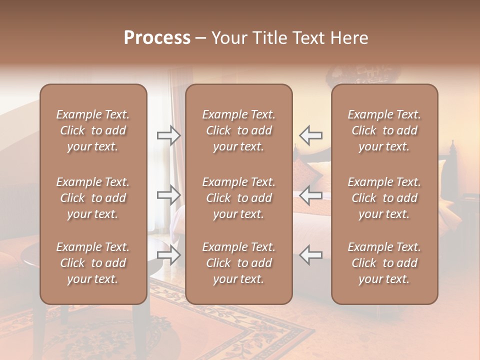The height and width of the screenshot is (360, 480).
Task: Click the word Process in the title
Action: [x=157, y=38]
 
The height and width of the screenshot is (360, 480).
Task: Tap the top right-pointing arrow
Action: [x=169, y=135]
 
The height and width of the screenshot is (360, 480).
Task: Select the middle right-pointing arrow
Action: [x=169, y=194]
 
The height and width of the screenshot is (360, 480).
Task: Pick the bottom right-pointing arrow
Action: [x=169, y=255]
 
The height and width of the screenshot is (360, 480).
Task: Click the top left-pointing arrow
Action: [x=310, y=135]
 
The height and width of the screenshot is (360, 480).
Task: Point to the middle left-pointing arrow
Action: [x=310, y=194]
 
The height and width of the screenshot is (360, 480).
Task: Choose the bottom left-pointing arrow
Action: [x=310, y=255]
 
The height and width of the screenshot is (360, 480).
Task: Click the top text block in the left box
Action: [x=93, y=130]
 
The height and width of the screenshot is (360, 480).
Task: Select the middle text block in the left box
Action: [x=93, y=198]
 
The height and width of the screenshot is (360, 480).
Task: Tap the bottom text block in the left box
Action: [x=93, y=263]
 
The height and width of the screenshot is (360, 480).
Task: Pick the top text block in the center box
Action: [x=238, y=130]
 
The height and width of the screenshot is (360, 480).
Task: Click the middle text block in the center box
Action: [x=238, y=198]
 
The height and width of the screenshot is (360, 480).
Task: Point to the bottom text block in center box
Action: [x=238, y=263]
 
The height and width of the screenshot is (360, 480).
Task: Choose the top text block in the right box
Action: [x=384, y=130]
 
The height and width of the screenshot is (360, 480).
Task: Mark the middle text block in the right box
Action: [x=384, y=198]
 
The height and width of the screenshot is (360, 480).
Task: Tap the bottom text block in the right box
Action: [x=384, y=263]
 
